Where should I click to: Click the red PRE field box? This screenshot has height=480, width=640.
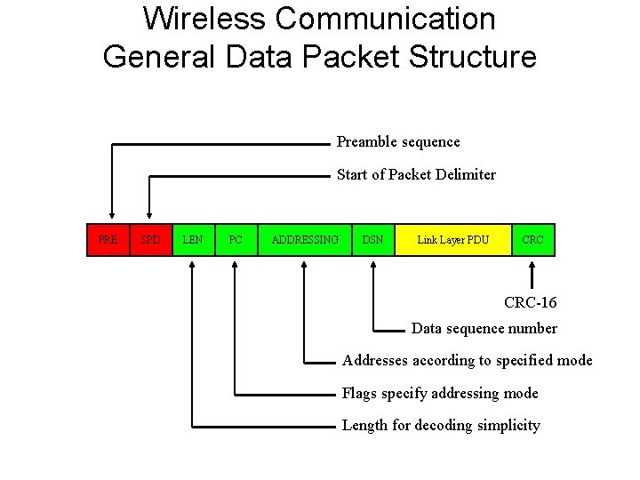tap(108, 240)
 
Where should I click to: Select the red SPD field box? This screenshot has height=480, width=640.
tap(151, 240)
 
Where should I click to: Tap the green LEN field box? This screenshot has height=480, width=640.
tap(193, 240)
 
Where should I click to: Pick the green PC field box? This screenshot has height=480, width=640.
tap(236, 240)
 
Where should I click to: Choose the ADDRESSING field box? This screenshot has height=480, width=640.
tap(305, 240)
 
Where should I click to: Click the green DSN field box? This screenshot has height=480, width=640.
tap(373, 240)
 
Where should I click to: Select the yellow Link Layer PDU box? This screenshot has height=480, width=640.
tap(453, 240)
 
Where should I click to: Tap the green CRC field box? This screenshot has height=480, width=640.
tap(533, 240)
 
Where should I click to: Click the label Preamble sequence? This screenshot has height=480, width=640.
tap(398, 142)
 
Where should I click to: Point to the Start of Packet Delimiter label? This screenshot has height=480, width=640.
tap(416, 175)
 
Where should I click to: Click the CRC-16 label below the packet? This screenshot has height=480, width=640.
tap(531, 303)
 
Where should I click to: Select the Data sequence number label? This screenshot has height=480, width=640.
tap(484, 329)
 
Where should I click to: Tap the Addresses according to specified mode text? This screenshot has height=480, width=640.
tap(468, 361)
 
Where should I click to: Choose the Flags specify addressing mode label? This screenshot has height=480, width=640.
tap(440, 393)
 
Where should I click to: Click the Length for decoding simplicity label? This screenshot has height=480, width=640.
tap(441, 426)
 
